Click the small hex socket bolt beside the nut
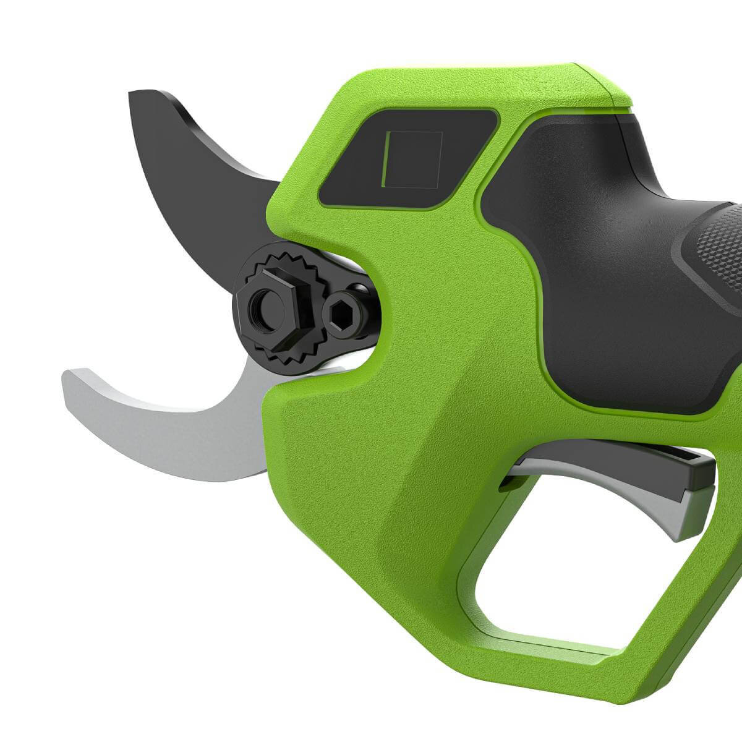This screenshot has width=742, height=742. point(339,315)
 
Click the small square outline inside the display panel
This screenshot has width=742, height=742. point(412,158)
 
